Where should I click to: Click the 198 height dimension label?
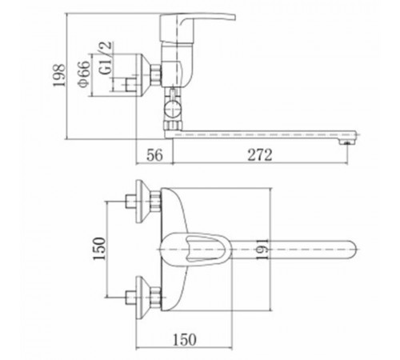[59, 75]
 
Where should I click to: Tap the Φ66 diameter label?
[84, 74]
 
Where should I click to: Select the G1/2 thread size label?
[106, 58]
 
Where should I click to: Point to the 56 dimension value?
[154, 155]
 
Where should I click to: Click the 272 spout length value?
[260, 155]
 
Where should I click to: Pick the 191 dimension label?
[262, 250]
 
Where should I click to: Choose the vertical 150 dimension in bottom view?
[99, 249]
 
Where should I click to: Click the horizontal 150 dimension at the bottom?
[185, 339]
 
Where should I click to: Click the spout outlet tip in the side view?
[346, 142]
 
